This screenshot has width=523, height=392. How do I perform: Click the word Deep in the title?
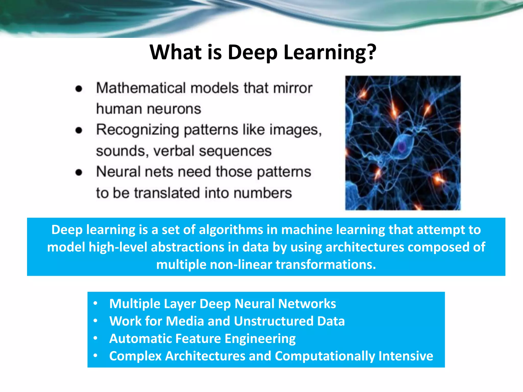point(252,52)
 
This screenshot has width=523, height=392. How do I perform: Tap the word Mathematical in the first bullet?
point(141,88)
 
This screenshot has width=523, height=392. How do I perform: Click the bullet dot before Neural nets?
point(79,173)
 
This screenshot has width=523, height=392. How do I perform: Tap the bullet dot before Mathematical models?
point(79,89)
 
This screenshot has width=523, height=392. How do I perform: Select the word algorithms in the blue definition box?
point(231,230)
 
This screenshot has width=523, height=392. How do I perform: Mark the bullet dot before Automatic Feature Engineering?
point(96,338)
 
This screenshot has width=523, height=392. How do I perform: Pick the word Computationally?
point(325,356)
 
